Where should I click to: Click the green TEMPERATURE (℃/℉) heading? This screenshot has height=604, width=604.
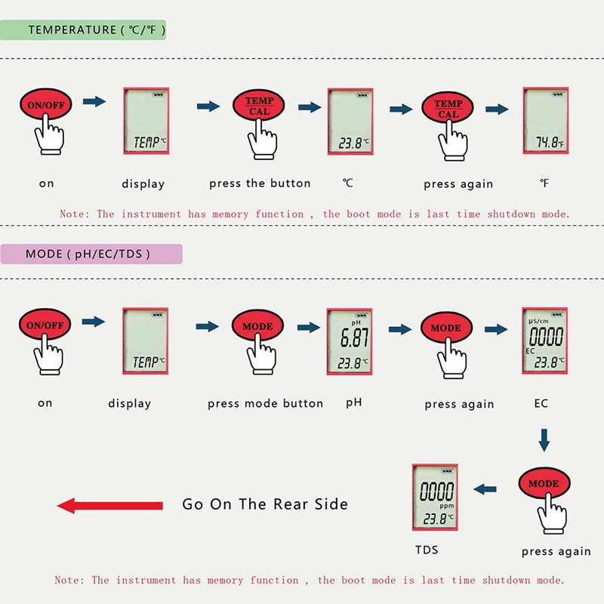click(x=96, y=30)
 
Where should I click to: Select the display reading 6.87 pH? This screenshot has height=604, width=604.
click(x=350, y=341)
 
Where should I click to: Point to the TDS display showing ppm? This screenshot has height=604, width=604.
click(x=436, y=496)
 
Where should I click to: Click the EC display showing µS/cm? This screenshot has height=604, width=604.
click(x=545, y=341)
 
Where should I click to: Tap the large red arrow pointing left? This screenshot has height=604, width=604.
click(x=110, y=505)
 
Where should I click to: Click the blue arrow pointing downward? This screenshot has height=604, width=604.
click(x=544, y=439)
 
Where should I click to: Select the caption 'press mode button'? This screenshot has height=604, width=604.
click(x=265, y=404)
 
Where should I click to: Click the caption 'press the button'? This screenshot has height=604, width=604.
click(x=260, y=183)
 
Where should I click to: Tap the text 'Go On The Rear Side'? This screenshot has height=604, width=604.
click(x=265, y=504)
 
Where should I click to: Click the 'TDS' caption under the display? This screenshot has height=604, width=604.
click(x=427, y=550)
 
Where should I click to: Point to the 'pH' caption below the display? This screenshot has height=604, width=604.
click(x=354, y=402)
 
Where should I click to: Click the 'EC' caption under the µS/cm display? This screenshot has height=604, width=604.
click(x=541, y=403)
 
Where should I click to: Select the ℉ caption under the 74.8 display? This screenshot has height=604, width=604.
click(x=544, y=183)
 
